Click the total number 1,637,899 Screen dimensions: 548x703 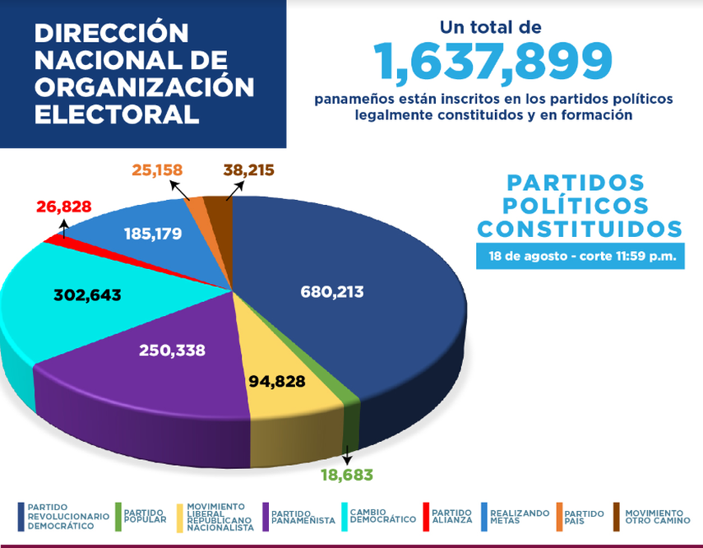(x=493, y=62)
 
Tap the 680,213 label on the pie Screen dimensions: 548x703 (x=332, y=291)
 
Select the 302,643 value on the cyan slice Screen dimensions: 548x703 (x=86, y=294)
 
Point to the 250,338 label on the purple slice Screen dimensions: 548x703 (x=172, y=351)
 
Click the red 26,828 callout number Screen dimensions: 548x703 (x=63, y=207)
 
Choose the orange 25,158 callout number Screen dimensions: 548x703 (x=157, y=170)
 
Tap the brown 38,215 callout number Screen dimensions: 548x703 (x=248, y=170)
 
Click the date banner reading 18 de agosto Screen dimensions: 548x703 (x=580, y=256)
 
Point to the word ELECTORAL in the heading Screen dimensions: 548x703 (x=117, y=114)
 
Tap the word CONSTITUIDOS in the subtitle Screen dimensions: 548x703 (x=580, y=229)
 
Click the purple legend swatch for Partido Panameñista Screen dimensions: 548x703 (x=265, y=517)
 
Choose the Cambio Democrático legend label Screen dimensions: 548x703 (x=382, y=516)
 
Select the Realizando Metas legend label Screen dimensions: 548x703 (x=519, y=517)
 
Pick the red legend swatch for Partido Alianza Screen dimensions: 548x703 (x=426, y=517)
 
